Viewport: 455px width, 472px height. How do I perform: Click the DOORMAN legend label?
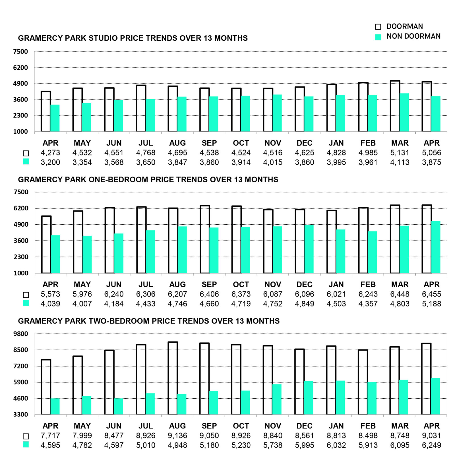click(404, 26)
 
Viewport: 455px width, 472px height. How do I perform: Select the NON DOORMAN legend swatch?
click(378, 37)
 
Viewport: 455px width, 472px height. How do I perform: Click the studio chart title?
click(133, 38)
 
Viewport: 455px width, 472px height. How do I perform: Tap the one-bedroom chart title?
click(148, 180)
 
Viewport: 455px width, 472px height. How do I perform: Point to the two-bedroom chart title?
click(149, 321)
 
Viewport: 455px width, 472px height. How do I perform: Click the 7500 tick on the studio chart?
click(20, 52)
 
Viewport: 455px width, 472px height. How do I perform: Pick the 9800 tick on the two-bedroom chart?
click(20, 334)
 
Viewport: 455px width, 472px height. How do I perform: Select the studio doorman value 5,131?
click(400, 153)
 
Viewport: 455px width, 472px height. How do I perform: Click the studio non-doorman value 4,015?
click(273, 162)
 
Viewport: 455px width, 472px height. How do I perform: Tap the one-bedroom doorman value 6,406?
click(209, 294)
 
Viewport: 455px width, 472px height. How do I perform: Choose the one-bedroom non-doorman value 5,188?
click(431, 304)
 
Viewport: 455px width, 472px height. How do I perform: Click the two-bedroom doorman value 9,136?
click(177, 436)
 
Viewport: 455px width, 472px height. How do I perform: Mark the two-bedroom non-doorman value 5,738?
click(273, 445)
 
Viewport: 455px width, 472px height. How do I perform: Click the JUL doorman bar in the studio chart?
click(141, 108)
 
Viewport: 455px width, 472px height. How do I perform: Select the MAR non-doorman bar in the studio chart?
click(404, 113)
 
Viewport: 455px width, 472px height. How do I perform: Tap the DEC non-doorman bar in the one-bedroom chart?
click(309, 249)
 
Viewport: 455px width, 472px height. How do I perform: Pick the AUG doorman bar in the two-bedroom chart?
click(173, 378)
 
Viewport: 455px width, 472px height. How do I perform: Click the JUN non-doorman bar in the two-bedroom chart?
click(119, 407)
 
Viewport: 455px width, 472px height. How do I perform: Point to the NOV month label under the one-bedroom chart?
click(273, 284)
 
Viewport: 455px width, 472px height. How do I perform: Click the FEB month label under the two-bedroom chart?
click(368, 426)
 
